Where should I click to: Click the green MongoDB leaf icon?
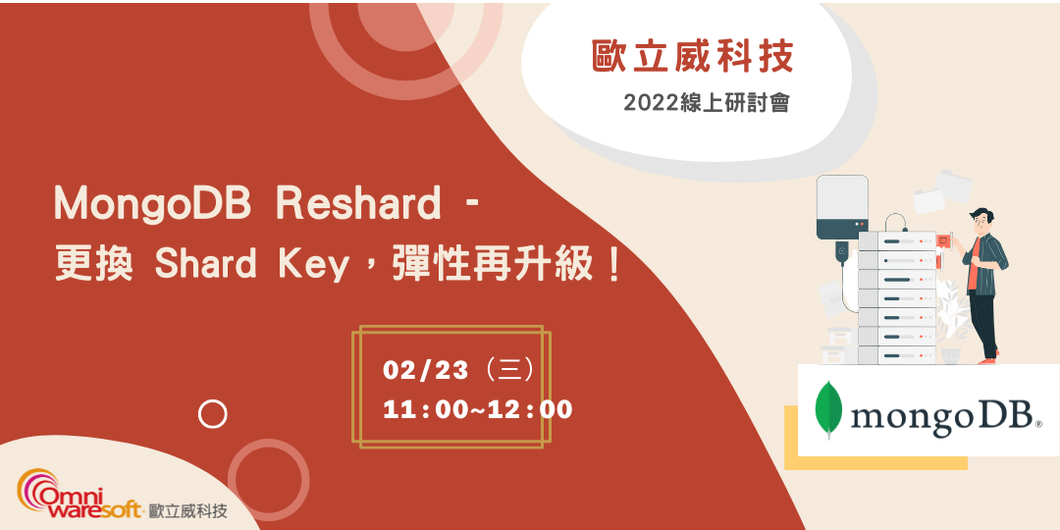pos(830,409)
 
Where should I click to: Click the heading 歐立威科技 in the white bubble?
pos(692,58)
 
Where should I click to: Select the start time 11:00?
pos(426,409)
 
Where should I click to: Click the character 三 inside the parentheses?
pos(509,370)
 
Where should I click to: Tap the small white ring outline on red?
pos(212,414)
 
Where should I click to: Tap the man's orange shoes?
pos(986,360)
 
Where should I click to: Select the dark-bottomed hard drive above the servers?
pos(842,207)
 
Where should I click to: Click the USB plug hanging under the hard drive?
pos(841,254)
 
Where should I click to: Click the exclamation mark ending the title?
pos(615,265)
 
